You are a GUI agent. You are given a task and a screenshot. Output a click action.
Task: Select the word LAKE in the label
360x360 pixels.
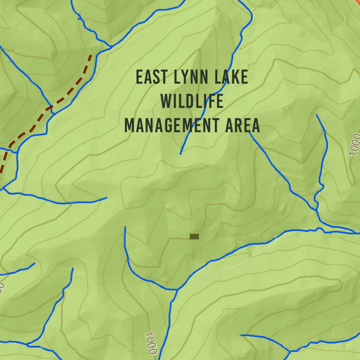click(x=232, y=77)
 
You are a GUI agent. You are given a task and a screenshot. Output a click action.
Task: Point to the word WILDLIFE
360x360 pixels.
click(x=192, y=101)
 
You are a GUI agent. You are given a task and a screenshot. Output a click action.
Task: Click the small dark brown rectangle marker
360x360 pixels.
click(x=194, y=237)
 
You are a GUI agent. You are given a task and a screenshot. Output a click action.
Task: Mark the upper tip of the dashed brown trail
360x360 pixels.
click(x=91, y=55)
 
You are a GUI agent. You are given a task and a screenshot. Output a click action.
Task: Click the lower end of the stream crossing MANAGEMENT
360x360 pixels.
click(x=180, y=154)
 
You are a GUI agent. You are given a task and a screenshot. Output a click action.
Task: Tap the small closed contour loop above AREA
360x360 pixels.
click(x=287, y=107)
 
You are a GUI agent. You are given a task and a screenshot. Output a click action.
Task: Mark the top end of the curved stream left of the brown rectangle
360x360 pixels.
click(x=125, y=227)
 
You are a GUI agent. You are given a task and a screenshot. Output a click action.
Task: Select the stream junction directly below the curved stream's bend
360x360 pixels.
click(x=177, y=290)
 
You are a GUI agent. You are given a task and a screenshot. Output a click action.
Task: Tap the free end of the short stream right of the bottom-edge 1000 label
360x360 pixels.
click(x=241, y=335)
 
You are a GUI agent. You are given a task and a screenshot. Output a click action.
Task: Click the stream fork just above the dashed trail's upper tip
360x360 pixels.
click(x=111, y=46)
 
